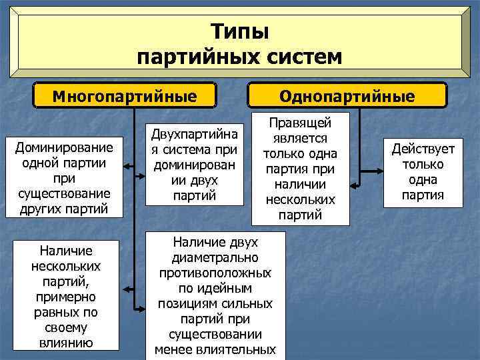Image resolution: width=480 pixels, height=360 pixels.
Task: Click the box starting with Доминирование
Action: tap(65, 177)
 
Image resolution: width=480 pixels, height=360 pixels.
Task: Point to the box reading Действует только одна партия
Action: tap(423, 172)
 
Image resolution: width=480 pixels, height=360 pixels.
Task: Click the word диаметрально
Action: tap(215, 257)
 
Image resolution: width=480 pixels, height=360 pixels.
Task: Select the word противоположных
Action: tap(215, 273)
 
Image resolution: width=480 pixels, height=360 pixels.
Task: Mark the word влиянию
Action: tap(66, 343)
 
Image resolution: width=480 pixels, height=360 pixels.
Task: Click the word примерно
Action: tap(66, 296)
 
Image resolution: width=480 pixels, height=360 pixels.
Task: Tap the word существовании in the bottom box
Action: tap(215, 334)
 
